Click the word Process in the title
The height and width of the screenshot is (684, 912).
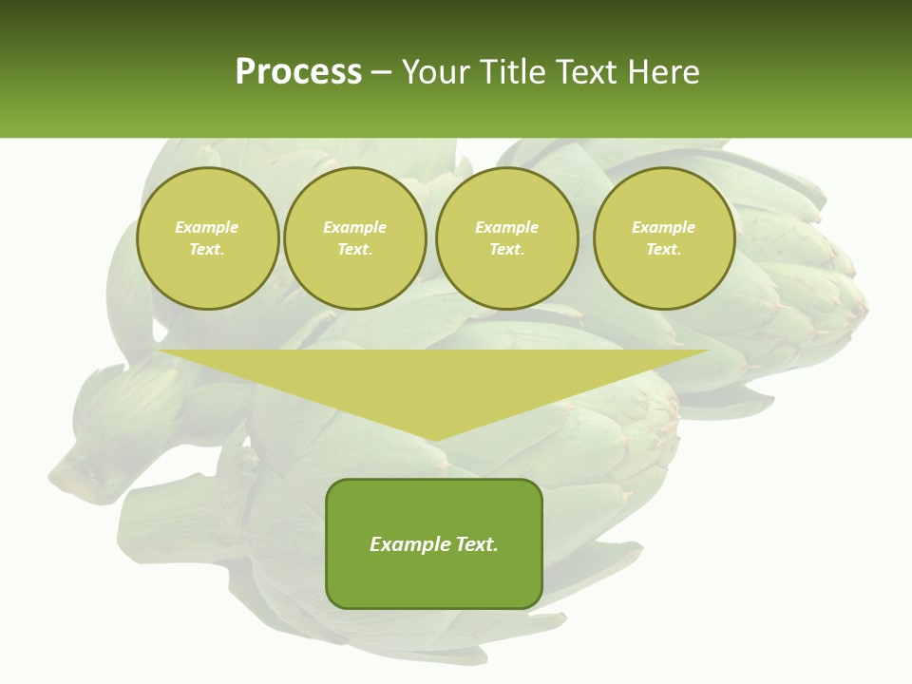coord(298,72)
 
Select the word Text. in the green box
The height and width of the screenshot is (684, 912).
coord(476,544)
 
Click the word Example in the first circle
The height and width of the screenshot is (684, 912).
coord(207,227)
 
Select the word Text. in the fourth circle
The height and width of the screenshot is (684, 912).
coord(663,249)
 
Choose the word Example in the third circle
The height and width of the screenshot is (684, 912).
coord(506,227)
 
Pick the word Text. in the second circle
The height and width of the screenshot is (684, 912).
coord(354,249)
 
